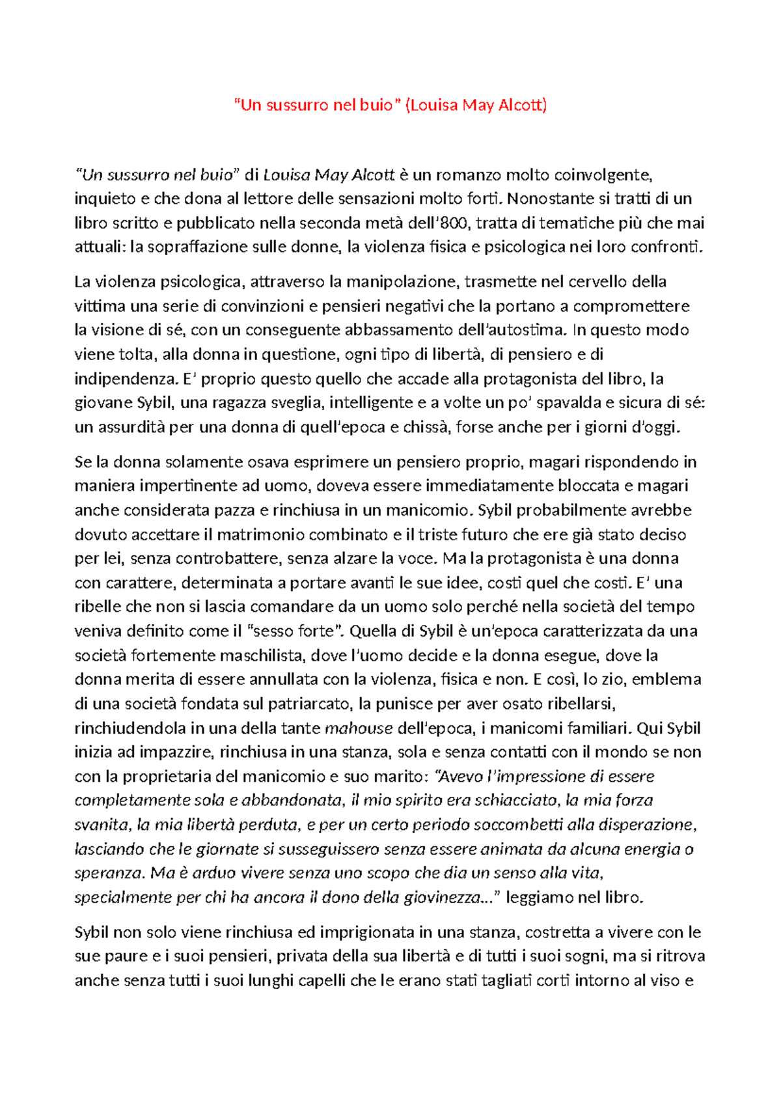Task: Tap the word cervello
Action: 594,282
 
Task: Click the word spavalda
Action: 569,403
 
